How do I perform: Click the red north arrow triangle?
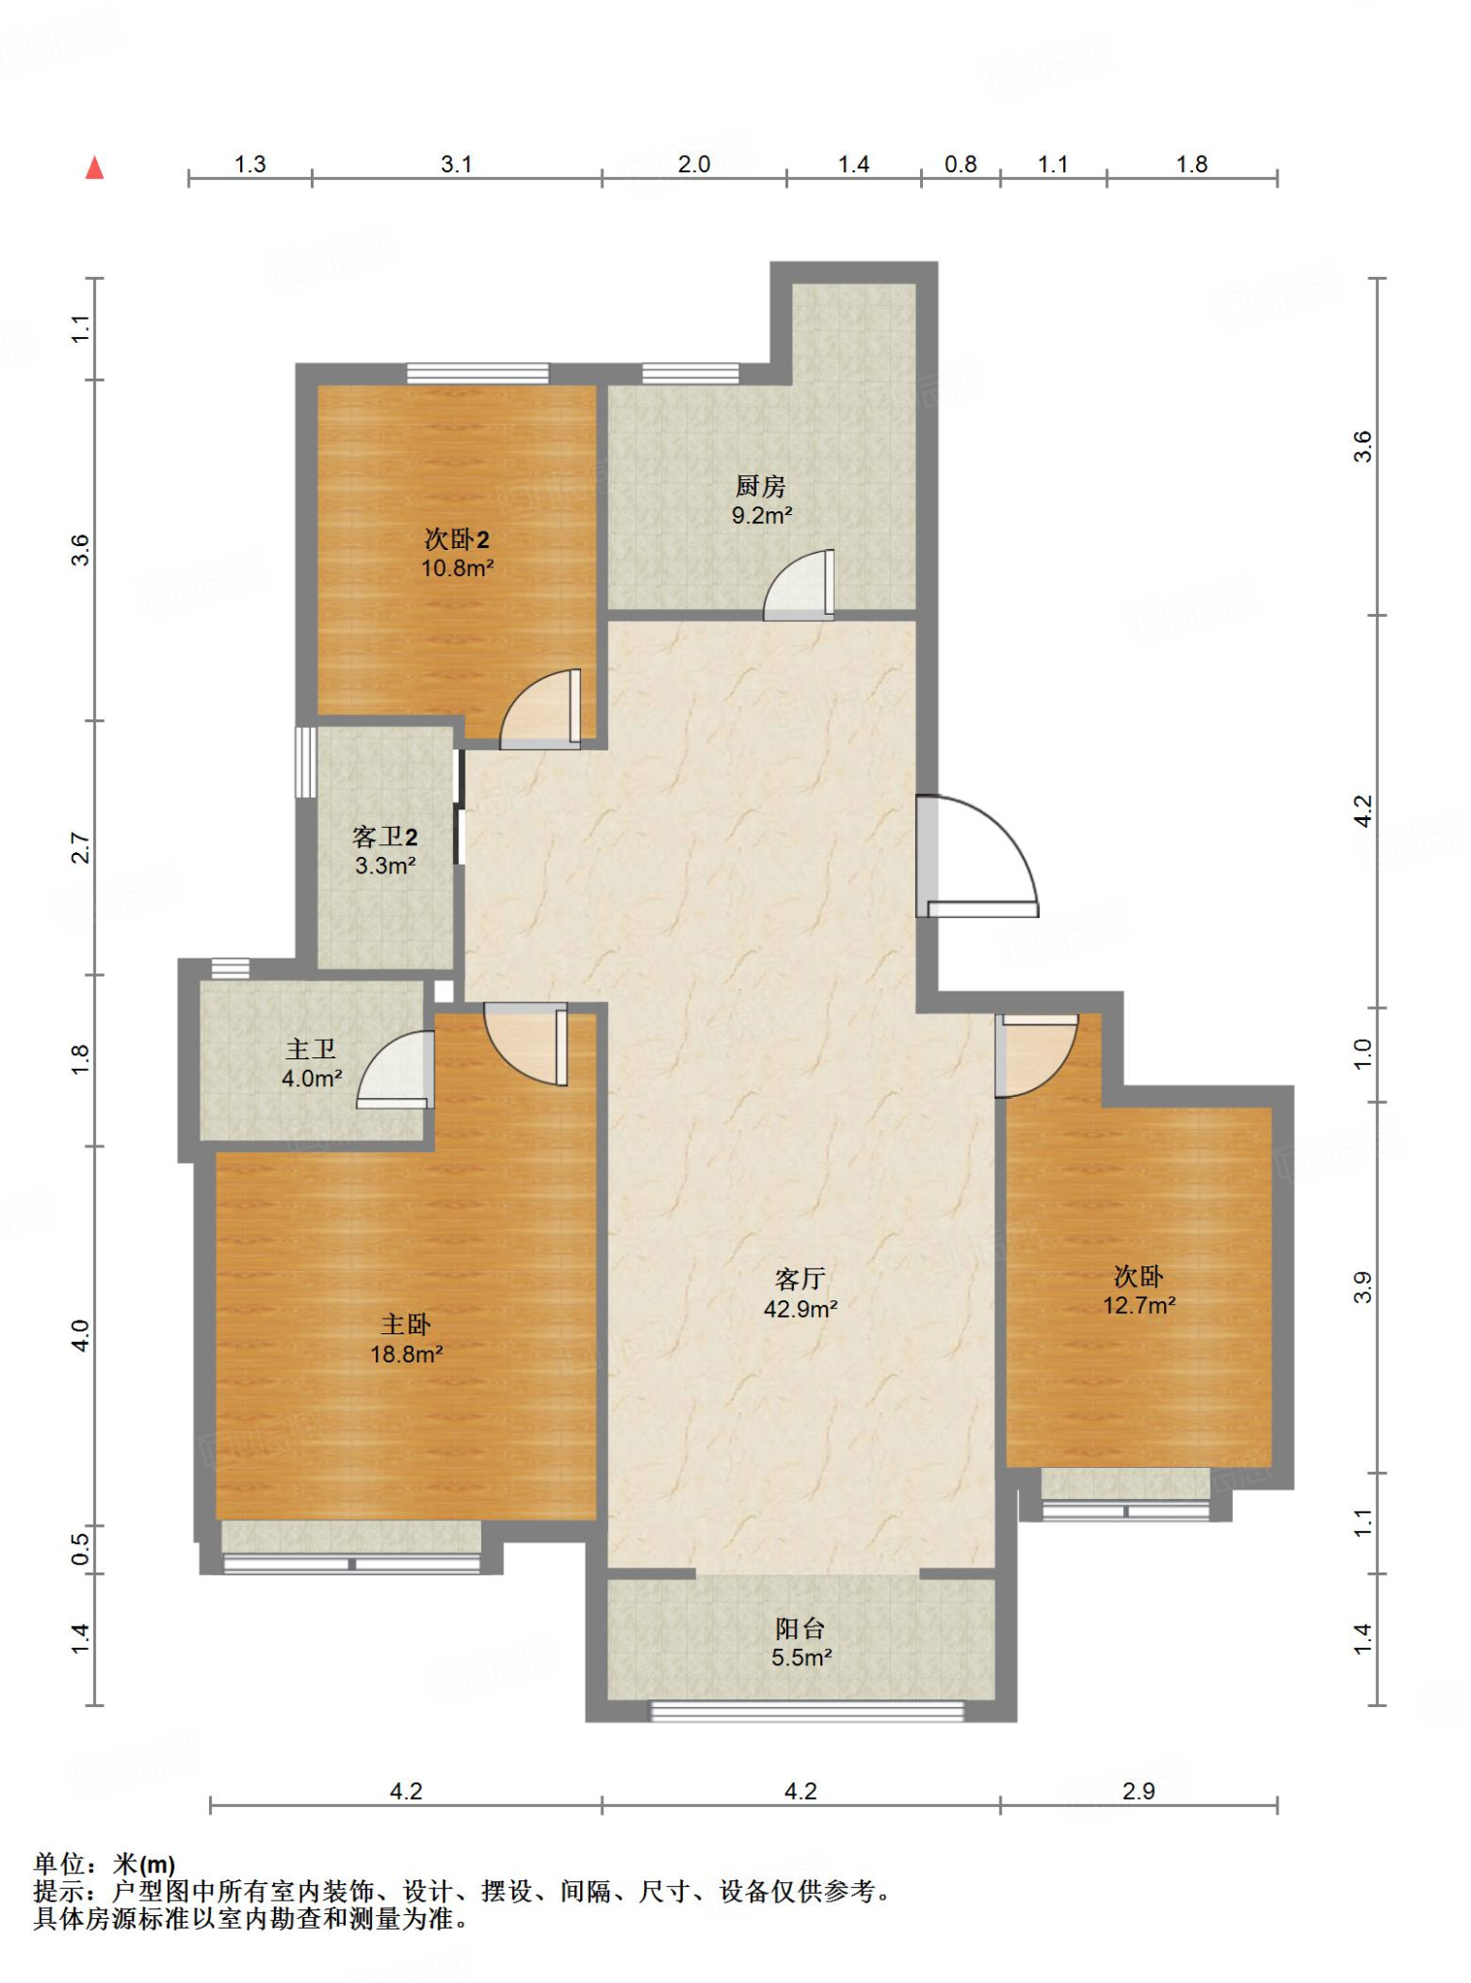pyautogui.click(x=94, y=168)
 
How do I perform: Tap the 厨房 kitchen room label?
pyautogui.click(x=760, y=485)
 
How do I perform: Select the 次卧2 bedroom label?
pyautogui.click(x=457, y=539)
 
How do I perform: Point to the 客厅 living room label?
pyautogui.click(x=800, y=1279)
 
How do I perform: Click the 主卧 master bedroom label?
pyautogui.click(x=406, y=1325)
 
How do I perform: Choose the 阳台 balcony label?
pyautogui.click(x=800, y=1629)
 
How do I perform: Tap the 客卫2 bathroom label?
pyautogui.click(x=385, y=837)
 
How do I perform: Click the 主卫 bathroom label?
pyautogui.click(x=311, y=1049)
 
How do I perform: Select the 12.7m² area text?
pyautogui.click(x=1139, y=1305)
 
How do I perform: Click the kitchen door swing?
pyautogui.click(x=799, y=585)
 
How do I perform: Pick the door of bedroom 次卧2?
pyautogui.click(x=540, y=709)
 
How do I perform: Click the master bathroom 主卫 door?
pyautogui.click(x=395, y=1069)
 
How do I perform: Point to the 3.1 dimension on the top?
pyautogui.click(x=456, y=164)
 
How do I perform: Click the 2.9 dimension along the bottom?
pyautogui.click(x=1139, y=1791)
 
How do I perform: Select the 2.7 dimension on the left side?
pyautogui.click(x=80, y=848)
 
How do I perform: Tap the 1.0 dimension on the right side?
pyautogui.click(x=1363, y=1053)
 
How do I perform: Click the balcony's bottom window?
pyautogui.click(x=807, y=1712)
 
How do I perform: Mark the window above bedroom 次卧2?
pyautogui.click(x=477, y=374)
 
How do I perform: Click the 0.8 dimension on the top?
pyautogui.click(x=961, y=164)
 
